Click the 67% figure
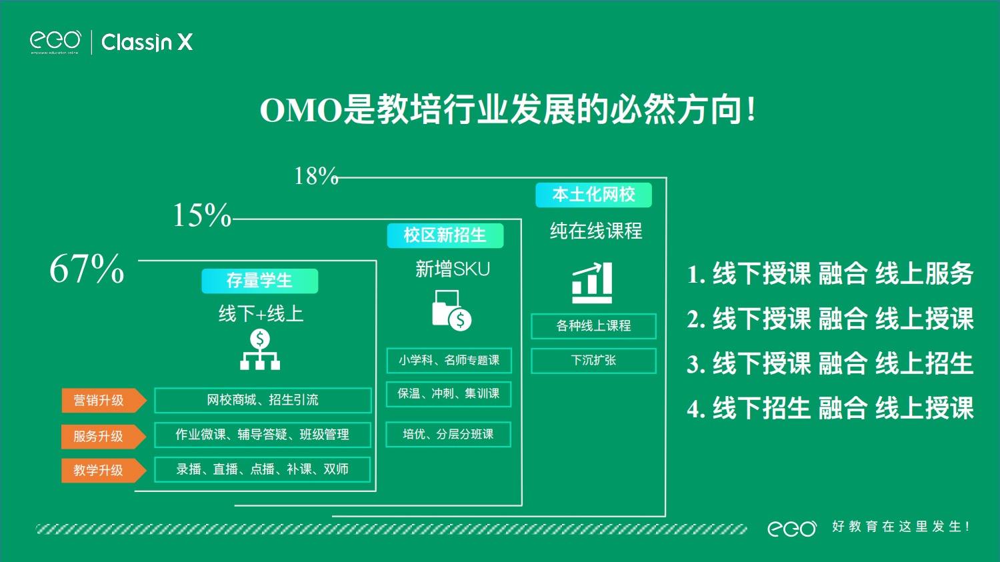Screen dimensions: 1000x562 87,269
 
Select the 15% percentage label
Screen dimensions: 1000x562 202,215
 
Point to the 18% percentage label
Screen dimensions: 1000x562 316,176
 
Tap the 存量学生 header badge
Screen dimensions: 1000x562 260,281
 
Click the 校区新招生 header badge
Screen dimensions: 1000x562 445,235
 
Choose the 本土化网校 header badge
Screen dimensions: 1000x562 594,195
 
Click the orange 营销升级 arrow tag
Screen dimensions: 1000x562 104,401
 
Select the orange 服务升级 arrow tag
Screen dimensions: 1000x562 104,436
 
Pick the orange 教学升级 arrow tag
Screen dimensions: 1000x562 104,471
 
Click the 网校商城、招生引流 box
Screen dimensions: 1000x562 263,400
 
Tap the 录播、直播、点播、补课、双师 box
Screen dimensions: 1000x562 263,469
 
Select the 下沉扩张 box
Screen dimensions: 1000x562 594,361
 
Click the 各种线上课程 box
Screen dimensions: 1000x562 594,326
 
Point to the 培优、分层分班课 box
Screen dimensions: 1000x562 448,435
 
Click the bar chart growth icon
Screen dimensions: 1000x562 593,283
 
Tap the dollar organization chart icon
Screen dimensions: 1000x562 260,349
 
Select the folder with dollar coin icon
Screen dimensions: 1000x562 451,311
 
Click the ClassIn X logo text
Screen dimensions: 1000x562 147,43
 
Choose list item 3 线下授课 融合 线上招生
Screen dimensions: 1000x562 830,363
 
